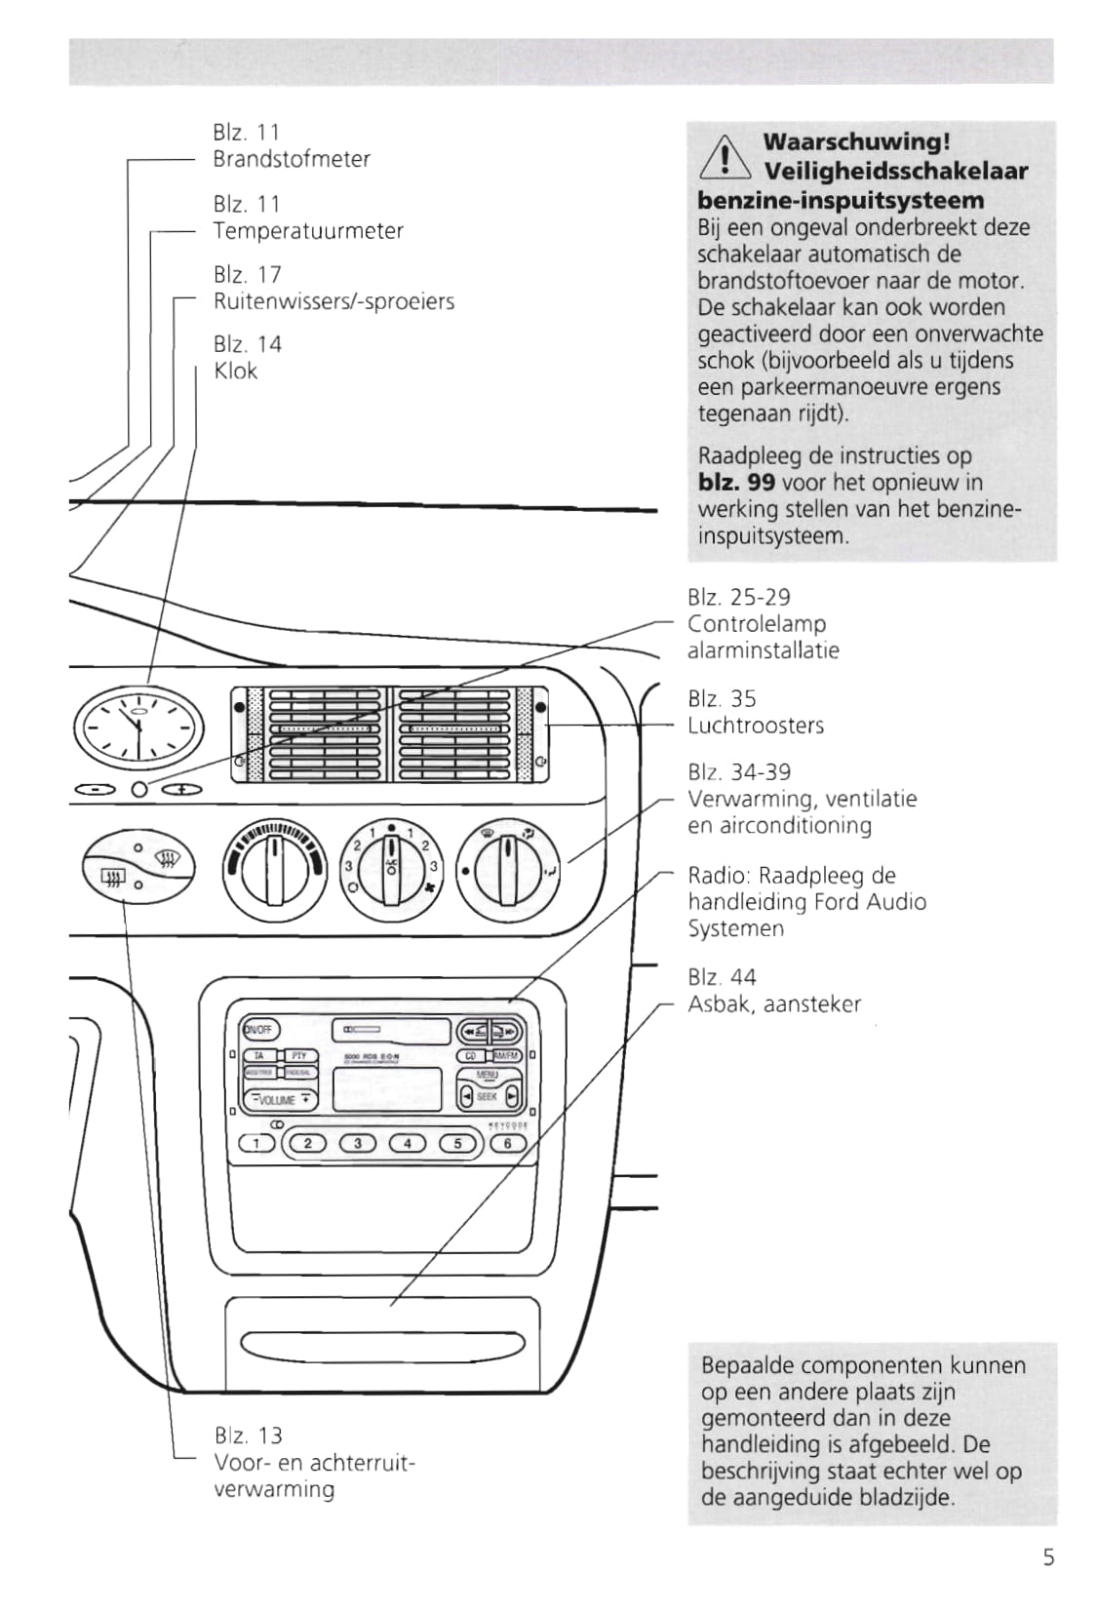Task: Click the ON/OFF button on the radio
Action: pos(259,1029)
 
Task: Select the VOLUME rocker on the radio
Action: pos(280,1099)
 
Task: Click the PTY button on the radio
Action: pos(298,1055)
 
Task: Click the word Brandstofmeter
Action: pos(292,159)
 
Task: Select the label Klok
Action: pos(235,371)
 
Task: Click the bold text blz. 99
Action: pos(736,483)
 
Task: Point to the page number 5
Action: pos(1048,1557)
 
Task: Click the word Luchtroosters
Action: pos(756,726)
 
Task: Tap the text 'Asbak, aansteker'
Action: pos(774,1004)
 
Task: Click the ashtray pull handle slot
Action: pos(383,1345)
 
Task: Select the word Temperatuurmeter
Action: pos(308,231)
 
